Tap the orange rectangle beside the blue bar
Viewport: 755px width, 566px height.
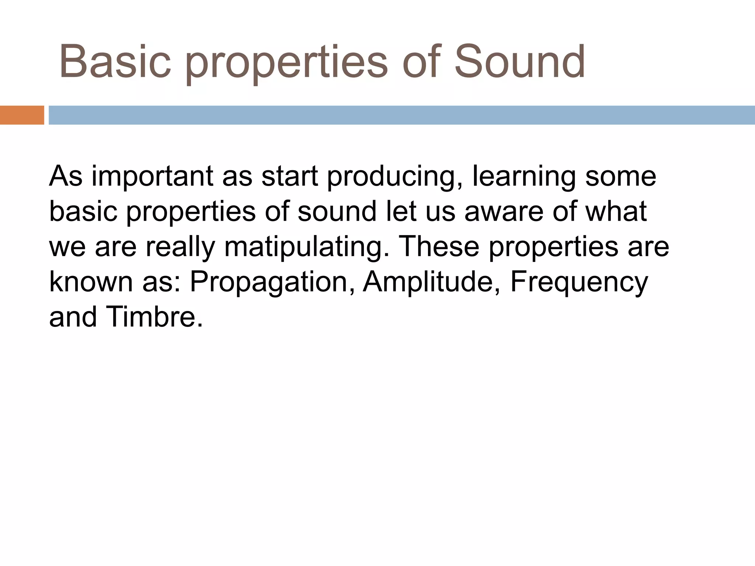(22, 115)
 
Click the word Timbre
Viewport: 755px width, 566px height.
(154, 317)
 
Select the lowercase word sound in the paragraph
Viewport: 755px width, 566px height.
(337, 212)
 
